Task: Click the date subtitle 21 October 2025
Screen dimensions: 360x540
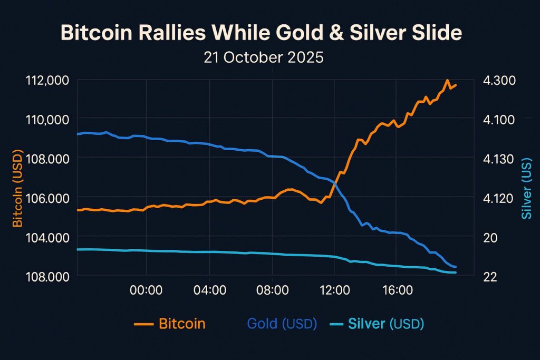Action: (264, 57)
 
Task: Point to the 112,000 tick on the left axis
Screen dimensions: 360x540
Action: (47, 81)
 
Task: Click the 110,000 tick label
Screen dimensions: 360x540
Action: (47, 120)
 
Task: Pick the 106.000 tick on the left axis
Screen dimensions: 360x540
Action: (47, 198)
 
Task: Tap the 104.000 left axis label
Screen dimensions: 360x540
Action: (47, 237)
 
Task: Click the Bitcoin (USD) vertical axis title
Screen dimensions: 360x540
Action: (18, 187)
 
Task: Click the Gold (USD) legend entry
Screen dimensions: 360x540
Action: (281, 324)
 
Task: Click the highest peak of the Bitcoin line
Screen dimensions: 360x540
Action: (447, 81)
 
